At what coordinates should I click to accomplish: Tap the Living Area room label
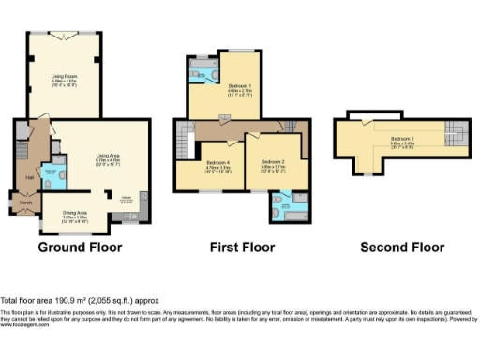point(106,157)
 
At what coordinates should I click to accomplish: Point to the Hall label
point(29,175)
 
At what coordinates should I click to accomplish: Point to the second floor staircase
point(456,133)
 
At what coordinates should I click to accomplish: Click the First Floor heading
point(242,247)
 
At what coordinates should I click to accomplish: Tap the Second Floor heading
point(402,247)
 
